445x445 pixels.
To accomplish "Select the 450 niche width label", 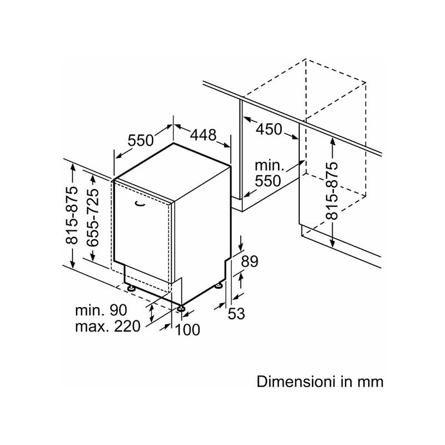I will click(269, 129).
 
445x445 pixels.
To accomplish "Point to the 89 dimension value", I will click(250, 261).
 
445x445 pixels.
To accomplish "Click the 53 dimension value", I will click(236, 314).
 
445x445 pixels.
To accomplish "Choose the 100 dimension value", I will click(187, 330).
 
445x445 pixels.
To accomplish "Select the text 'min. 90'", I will click(102, 310).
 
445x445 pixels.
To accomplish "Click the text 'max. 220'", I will click(107, 327).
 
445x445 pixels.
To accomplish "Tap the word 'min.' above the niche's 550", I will click(269, 165).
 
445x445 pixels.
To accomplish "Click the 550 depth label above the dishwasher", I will click(141, 140).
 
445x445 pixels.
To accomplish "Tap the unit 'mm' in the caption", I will click(371, 382).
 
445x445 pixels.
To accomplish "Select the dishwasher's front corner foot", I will click(182, 306).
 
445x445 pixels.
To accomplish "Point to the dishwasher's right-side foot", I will click(219, 285).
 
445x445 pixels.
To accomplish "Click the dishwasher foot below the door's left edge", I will click(131, 288).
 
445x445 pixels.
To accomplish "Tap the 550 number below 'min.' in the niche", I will click(269, 181).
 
